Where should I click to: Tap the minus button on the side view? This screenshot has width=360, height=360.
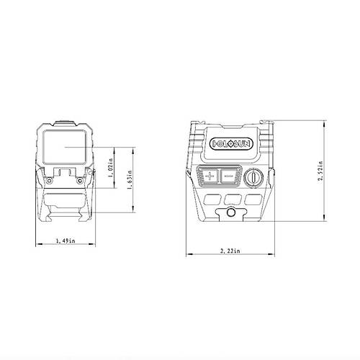pyautogui.click(x=229, y=175)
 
